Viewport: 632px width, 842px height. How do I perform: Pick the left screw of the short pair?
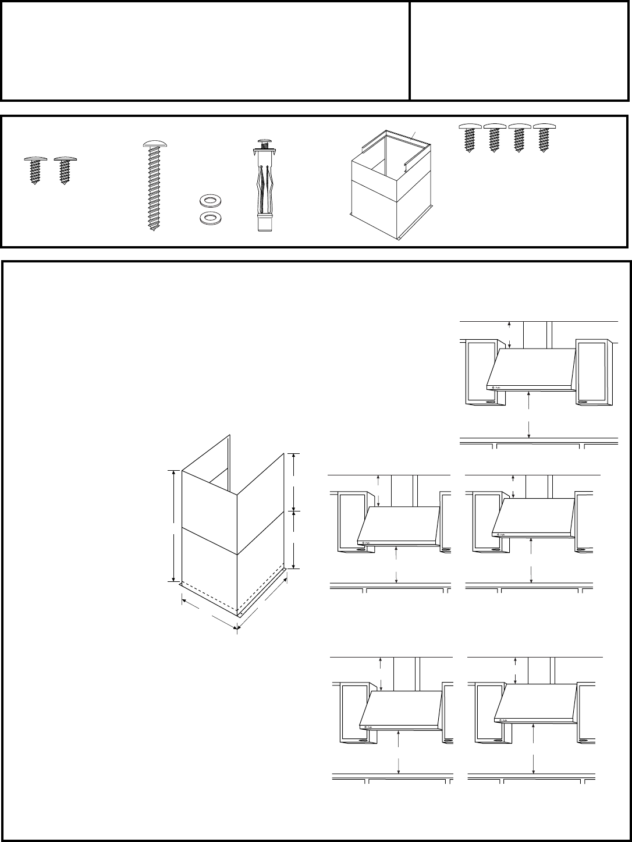34,169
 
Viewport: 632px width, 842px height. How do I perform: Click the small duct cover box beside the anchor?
389,186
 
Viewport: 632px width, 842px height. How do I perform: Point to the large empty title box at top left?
205,51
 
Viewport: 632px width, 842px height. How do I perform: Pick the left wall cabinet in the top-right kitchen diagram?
481,372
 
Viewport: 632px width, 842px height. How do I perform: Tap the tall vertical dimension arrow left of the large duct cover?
173,525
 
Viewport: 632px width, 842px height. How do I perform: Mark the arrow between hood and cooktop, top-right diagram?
529,414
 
